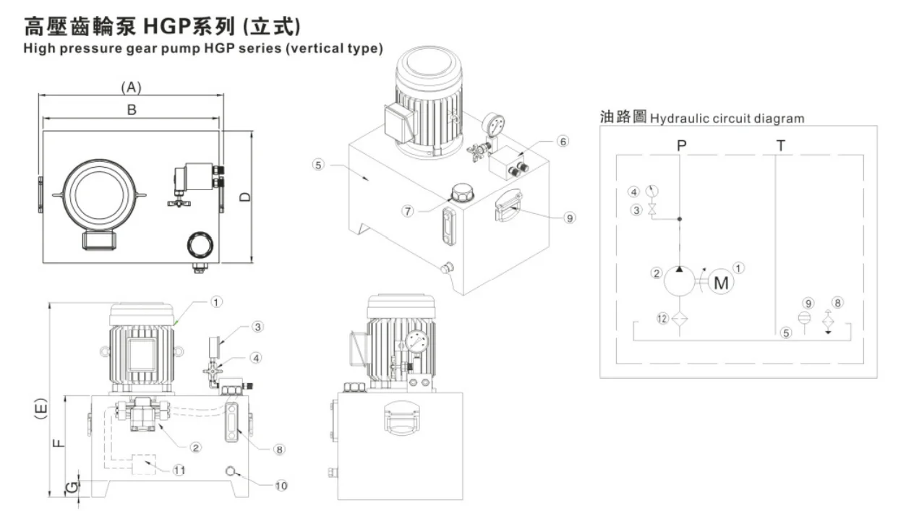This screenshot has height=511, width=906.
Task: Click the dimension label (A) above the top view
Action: (130, 87)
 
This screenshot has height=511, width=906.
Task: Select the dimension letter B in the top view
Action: (132, 110)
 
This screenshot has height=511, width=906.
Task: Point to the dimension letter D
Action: (246, 197)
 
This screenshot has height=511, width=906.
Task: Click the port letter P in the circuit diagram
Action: (680, 145)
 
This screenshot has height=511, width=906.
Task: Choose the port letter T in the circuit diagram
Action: (780, 145)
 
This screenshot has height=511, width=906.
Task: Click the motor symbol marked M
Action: (721, 283)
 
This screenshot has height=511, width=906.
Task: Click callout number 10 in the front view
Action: (281, 485)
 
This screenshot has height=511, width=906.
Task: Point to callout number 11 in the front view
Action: (179, 470)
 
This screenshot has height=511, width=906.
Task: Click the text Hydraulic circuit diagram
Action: (727, 118)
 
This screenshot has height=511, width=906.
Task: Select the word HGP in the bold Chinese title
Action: (169, 27)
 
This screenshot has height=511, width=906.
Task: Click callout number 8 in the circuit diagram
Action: (837, 301)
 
